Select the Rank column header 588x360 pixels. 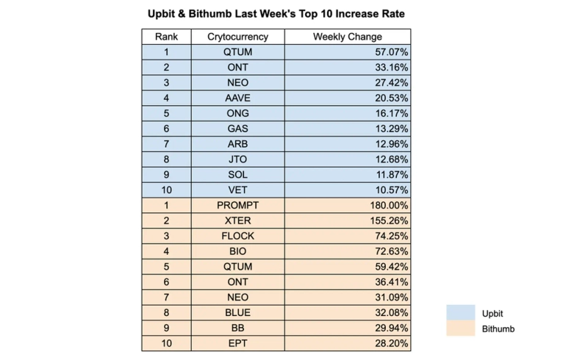click(166, 37)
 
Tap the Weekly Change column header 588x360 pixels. click(347, 37)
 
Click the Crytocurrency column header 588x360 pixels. click(237, 37)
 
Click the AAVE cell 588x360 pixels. click(237, 98)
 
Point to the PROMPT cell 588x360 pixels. click(237, 205)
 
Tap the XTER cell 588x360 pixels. click(237, 220)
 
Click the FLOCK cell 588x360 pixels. click(237, 236)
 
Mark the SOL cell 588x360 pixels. click(237, 175)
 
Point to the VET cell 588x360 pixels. click(237, 190)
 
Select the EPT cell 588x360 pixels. click(237, 343)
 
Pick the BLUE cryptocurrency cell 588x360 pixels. click(237, 312)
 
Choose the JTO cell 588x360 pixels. click(237, 159)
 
